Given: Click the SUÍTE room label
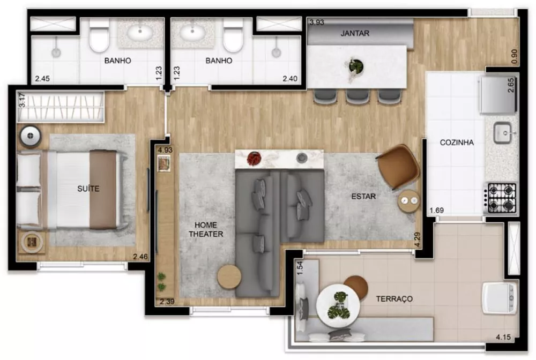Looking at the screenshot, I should pos(87,189).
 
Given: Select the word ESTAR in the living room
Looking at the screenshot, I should pos(363,197).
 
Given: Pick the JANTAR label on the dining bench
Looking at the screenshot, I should pos(355,33).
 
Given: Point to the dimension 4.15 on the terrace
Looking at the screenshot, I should pos(504,338).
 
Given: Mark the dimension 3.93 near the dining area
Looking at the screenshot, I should pos(317,22).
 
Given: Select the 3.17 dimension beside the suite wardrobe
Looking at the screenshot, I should pos(22,100).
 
